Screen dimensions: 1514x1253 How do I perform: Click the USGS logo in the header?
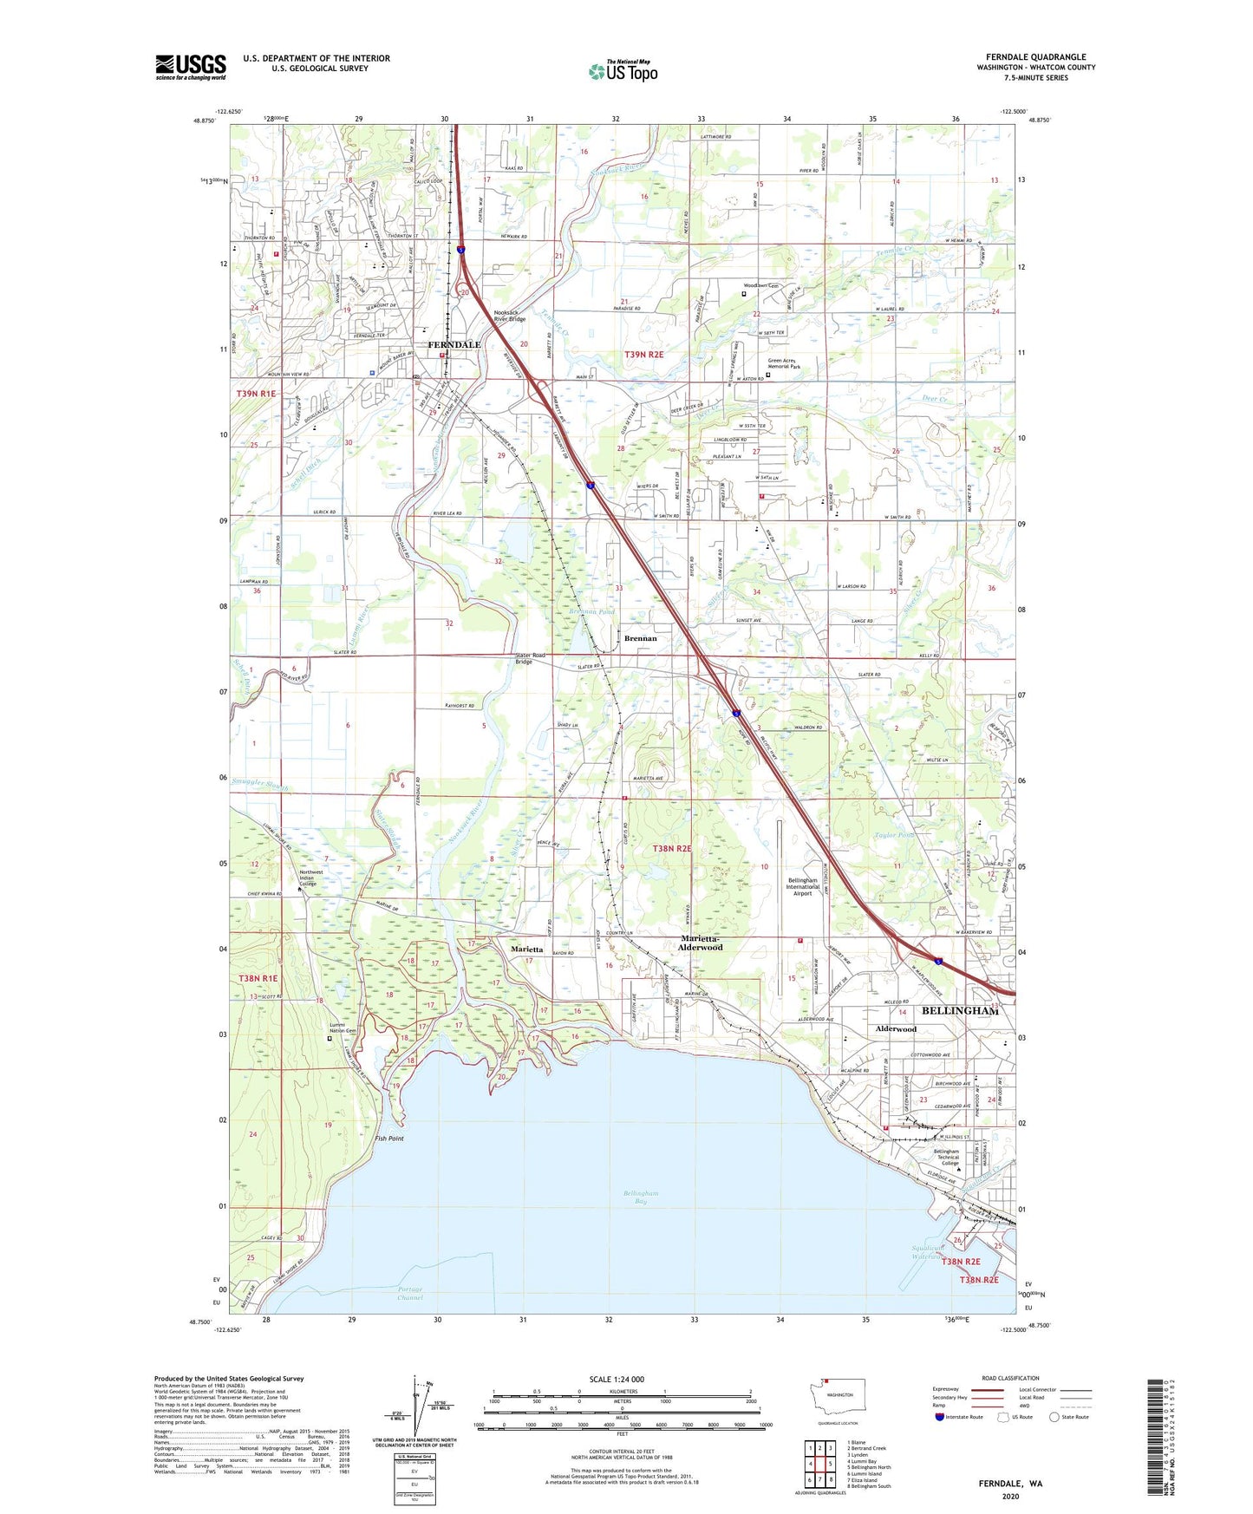[x=191, y=67]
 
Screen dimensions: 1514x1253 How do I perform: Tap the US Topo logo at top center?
[x=623, y=71]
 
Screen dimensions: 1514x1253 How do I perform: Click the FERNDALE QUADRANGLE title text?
[x=1035, y=57]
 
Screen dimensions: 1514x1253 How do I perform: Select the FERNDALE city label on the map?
[x=454, y=344]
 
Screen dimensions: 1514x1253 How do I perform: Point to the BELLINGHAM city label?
[x=959, y=1011]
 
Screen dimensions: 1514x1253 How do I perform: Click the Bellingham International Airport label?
[x=802, y=886]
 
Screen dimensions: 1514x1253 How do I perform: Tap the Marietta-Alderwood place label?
[x=701, y=943]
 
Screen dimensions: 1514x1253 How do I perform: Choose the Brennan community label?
[x=641, y=638]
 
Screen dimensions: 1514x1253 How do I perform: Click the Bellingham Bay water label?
[x=641, y=1197]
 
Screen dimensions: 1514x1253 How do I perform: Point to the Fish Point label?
[x=389, y=1138]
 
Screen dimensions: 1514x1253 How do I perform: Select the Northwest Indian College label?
[x=311, y=878]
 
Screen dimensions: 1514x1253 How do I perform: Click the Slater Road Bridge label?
[x=530, y=658]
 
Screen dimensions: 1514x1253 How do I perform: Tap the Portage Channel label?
[x=410, y=1294]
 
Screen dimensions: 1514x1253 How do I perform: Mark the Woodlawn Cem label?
[x=761, y=285]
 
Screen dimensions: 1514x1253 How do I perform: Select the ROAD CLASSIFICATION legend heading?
[x=1010, y=1378]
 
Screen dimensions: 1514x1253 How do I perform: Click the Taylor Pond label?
[x=894, y=835]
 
